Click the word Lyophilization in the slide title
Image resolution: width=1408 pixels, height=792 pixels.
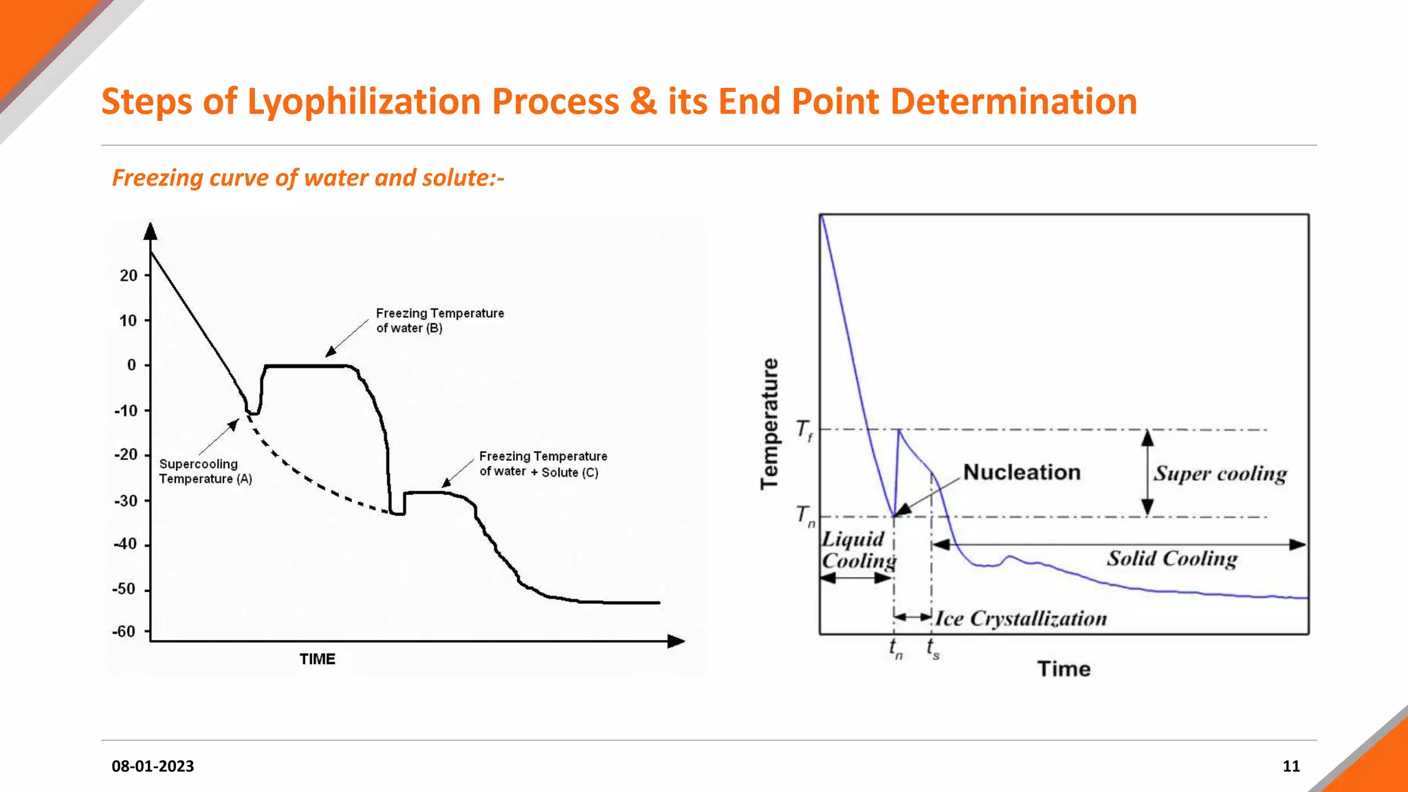pyautogui.click(x=364, y=102)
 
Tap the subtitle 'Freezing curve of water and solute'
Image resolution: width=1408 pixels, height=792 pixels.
pyautogui.click(x=308, y=178)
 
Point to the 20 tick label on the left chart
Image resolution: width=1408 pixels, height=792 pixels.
pyautogui.click(x=129, y=276)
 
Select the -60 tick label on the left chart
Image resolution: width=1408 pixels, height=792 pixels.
pyautogui.click(x=124, y=632)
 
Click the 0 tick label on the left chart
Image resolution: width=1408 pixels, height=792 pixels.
pyautogui.click(x=131, y=365)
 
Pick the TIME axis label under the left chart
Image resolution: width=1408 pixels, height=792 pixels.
pyautogui.click(x=317, y=659)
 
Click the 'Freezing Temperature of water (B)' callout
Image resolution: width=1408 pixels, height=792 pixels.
pyautogui.click(x=439, y=320)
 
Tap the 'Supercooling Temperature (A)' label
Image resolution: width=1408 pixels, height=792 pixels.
pyautogui.click(x=205, y=472)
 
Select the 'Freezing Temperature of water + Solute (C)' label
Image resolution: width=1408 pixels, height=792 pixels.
pyautogui.click(x=542, y=464)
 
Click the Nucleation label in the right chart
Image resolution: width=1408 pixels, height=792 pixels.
pyautogui.click(x=1022, y=472)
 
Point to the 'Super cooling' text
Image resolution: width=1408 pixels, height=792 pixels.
pyautogui.click(x=1220, y=474)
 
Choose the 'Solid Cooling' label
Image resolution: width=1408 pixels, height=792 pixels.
pyautogui.click(x=1171, y=558)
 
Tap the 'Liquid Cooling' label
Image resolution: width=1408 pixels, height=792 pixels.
pyautogui.click(x=859, y=550)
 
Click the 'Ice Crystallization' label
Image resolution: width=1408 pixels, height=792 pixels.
pyautogui.click(x=1021, y=619)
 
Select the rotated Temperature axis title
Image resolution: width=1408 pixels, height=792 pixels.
pyautogui.click(x=770, y=423)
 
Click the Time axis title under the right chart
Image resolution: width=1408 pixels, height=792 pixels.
pyautogui.click(x=1064, y=669)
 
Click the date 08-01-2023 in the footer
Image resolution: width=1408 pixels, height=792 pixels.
pyautogui.click(x=153, y=766)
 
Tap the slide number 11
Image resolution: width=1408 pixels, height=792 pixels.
pyautogui.click(x=1291, y=766)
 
